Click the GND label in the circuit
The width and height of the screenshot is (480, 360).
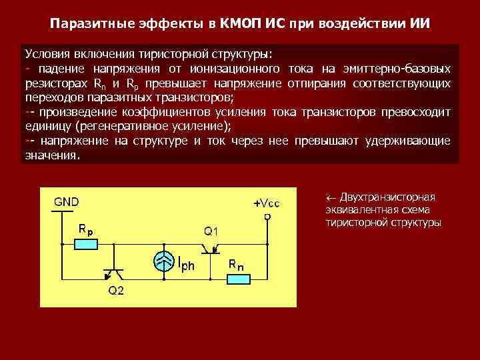[x=66, y=201]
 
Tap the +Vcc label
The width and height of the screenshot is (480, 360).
[x=266, y=203]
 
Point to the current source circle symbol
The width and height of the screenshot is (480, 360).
[x=165, y=261]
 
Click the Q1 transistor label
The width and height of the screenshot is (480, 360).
[x=211, y=231]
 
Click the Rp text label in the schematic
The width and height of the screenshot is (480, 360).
[x=85, y=228]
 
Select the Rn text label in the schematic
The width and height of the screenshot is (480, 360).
[x=236, y=265]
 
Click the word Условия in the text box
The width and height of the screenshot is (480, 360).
[x=49, y=54]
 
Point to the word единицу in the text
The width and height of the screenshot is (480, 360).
[x=49, y=127]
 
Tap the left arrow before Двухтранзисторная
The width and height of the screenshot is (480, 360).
[x=330, y=197]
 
